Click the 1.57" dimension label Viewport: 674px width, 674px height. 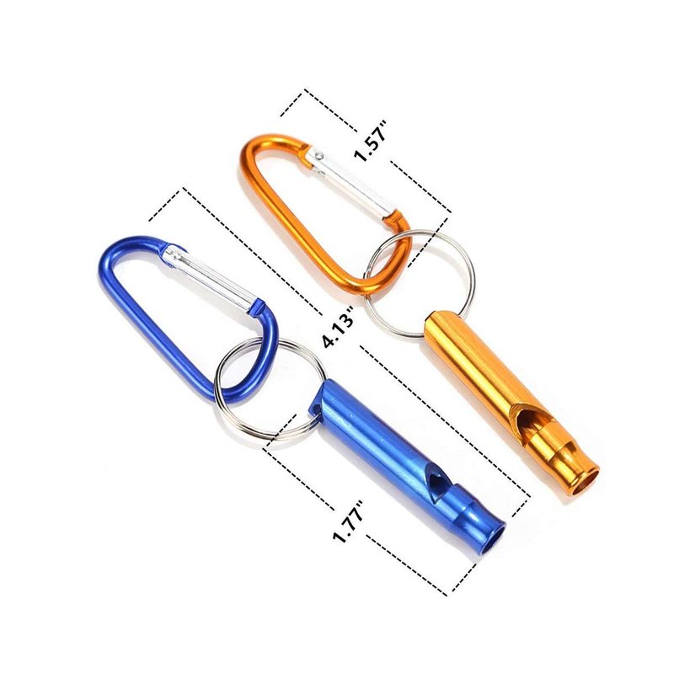(372, 141)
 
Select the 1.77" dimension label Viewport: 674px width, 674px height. (349, 522)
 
